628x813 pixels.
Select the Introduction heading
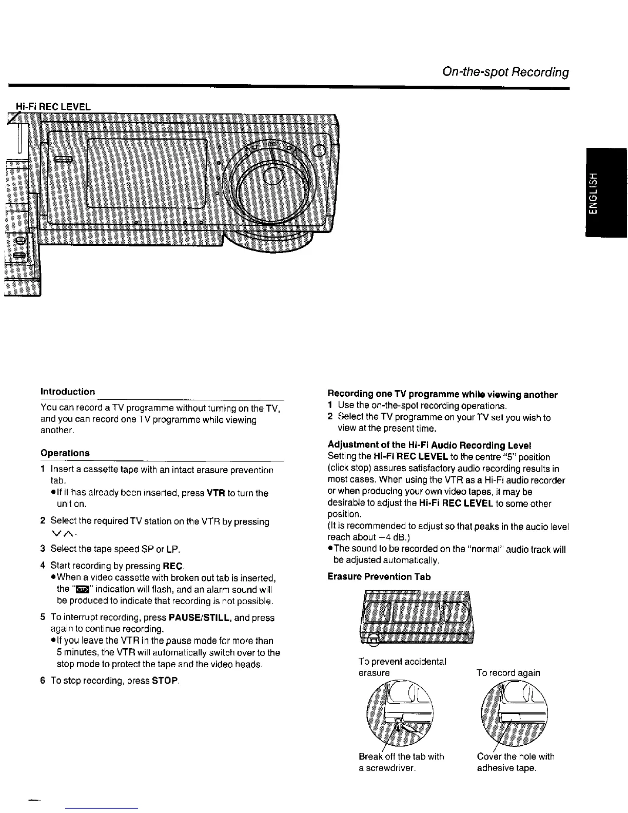click(68, 392)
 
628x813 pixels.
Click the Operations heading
click(65, 453)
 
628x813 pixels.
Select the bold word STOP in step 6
click(165, 681)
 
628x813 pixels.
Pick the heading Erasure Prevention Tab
click(379, 576)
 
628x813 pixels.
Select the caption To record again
click(508, 672)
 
